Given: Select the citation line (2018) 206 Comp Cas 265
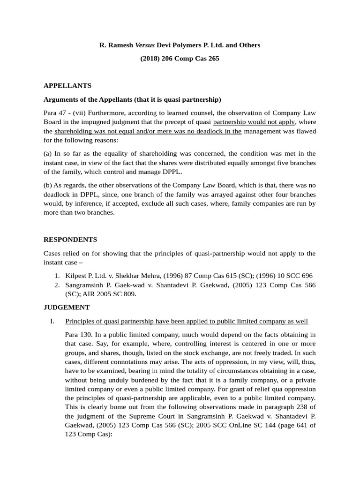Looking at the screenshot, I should (x=180, y=59).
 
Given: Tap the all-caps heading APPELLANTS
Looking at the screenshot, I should (x=67, y=86).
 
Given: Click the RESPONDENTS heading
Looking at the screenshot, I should (x=70, y=240).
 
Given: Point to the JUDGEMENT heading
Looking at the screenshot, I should (x=67, y=307).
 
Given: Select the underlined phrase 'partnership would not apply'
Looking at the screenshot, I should (x=254, y=122).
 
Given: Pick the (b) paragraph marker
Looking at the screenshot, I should (x=48, y=185).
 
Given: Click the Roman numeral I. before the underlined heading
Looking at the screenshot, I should (x=52, y=321).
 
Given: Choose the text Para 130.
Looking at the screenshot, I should (x=79, y=334).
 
